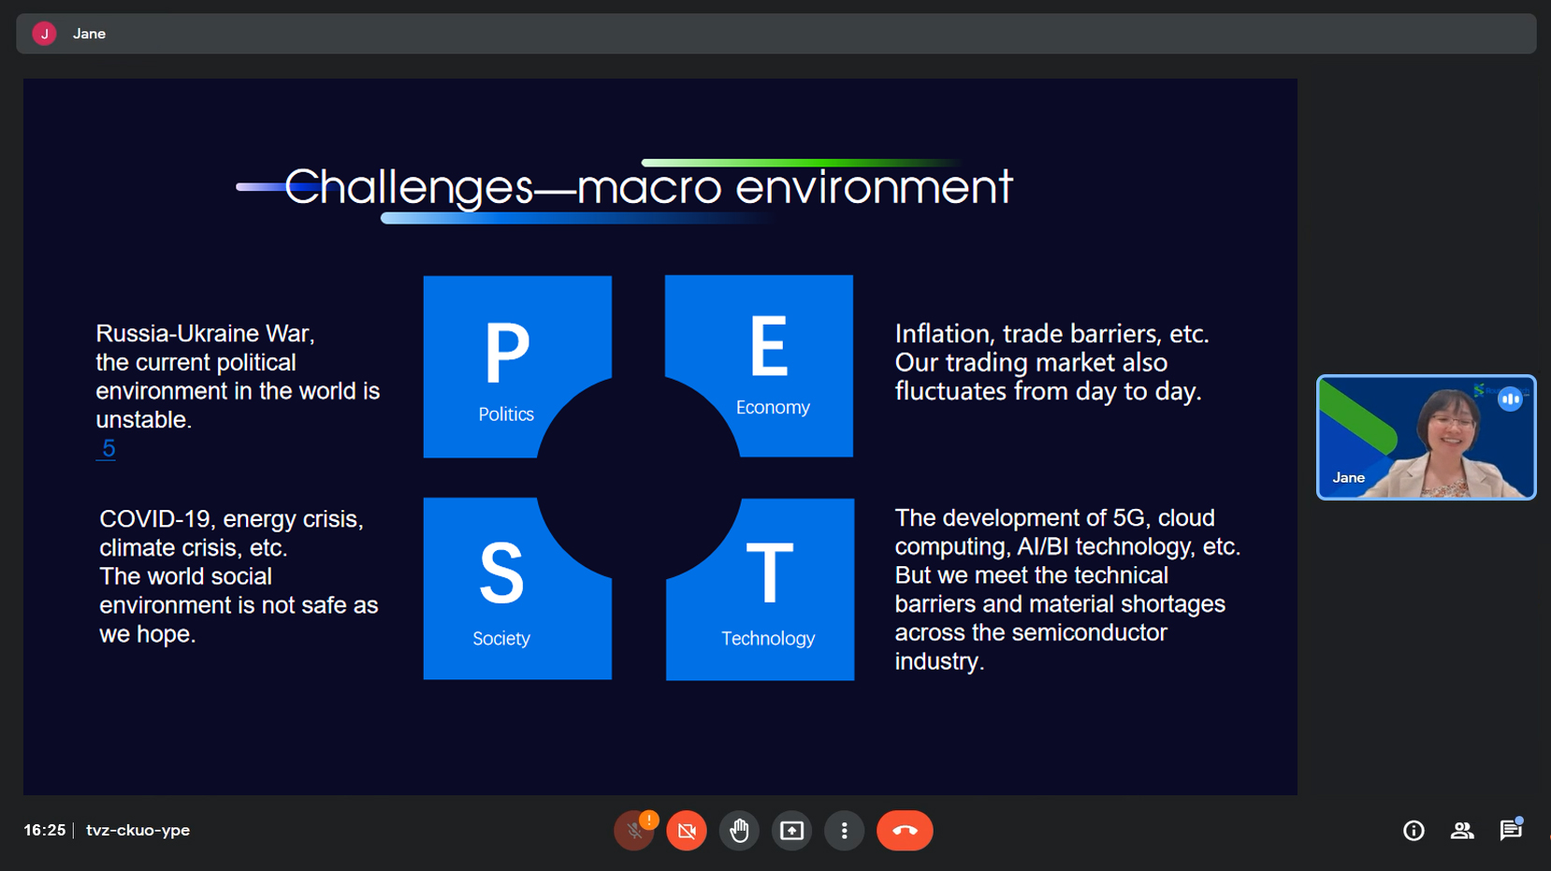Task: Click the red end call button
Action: tap(905, 830)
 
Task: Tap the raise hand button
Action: tap(739, 830)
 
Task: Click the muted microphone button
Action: tap(633, 830)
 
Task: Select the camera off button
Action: tap(687, 830)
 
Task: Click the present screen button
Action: tap(791, 830)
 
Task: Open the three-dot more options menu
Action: tap(844, 830)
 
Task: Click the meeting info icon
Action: tap(1413, 830)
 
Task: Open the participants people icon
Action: tap(1462, 830)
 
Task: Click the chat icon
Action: tap(1510, 830)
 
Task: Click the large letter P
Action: tap(507, 353)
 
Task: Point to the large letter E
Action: tap(769, 345)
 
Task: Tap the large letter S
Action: tap(501, 573)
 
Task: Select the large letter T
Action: tap(769, 573)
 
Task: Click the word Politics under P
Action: tap(506, 414)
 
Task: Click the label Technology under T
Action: tap(768, 638)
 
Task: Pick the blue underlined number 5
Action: tap(109, 448)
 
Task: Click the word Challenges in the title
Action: tap(409, 187)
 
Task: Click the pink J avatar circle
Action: tap(44, 34)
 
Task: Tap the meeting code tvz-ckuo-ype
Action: tap(138, 830)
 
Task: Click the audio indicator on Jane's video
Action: tap(1510, 399)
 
